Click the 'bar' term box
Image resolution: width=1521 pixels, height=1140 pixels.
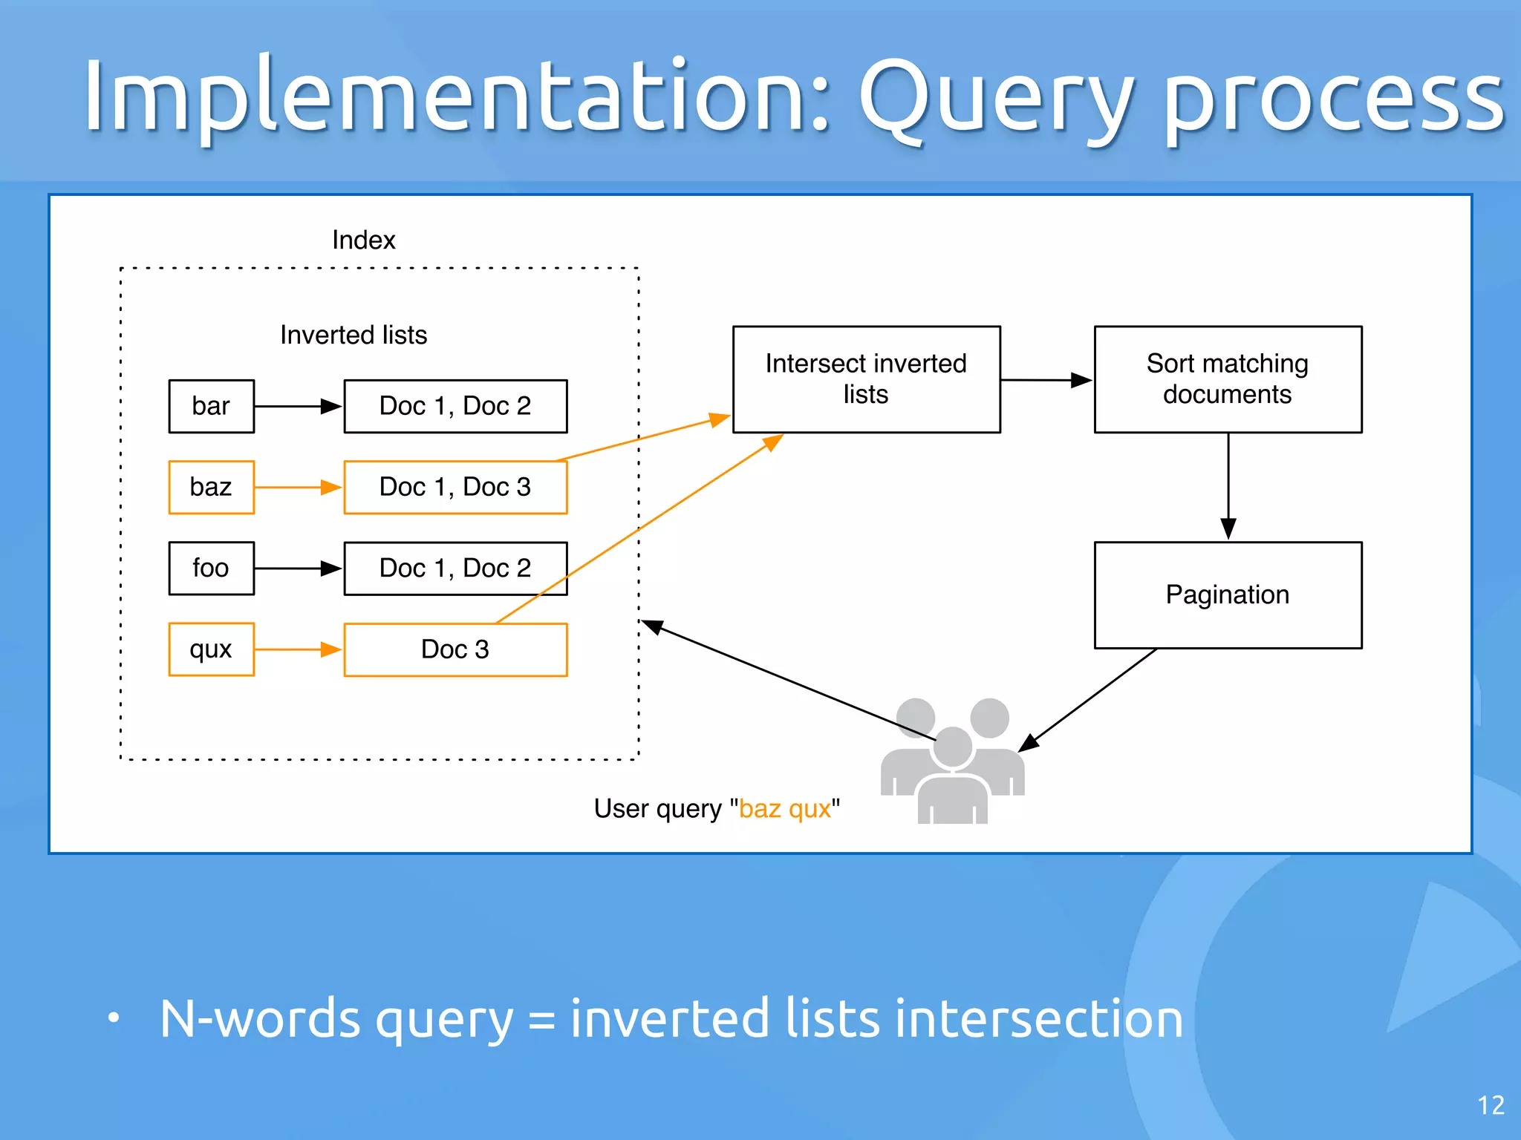click(x=211, y=406)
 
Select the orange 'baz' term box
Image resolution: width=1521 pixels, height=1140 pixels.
click(x=211, y=487)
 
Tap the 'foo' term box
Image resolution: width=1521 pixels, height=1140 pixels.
click(x=211, y=568)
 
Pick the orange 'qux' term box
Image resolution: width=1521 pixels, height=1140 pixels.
click(x=211, y=649)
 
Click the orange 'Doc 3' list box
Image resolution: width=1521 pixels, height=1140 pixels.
click(x=455, y=649)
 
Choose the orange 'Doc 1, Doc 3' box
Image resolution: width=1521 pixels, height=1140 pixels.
click(x=455, y=488)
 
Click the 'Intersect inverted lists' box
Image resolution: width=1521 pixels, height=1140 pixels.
click(x=866, y=379)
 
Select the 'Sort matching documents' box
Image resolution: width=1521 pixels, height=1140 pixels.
click(x=1228, y=379)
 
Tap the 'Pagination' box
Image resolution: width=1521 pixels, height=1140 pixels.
click(x=1228, y=594)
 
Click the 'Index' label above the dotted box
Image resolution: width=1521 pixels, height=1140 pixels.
click(x=363, y=240)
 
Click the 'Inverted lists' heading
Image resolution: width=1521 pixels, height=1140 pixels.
click(x=354, y=335)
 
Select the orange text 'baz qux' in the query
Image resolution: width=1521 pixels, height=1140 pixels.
click(x=784, y=808)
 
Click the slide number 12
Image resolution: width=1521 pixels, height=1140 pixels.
click(x=1491, y=1106)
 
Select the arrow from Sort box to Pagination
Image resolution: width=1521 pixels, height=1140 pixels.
click(x=1228, y=486)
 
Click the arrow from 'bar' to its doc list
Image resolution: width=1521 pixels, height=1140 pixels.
click(x=297, y=406)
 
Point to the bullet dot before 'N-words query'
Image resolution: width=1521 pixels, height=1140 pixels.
click(x=113, y=1018)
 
